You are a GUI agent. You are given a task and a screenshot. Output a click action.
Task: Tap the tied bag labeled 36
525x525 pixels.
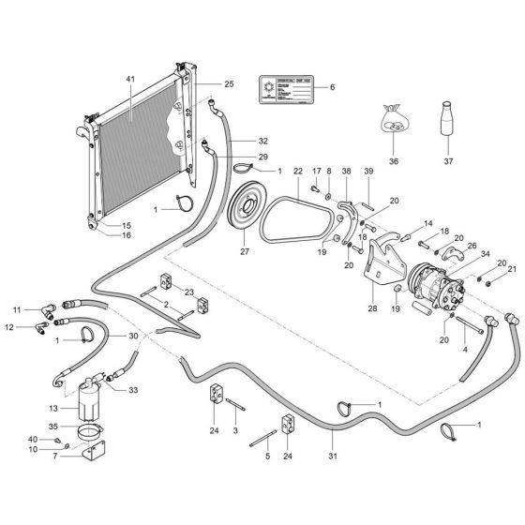click(394, 122)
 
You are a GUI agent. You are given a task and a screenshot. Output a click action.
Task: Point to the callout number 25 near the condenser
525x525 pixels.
click(229, 84)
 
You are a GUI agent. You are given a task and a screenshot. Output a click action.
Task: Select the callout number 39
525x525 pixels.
click(367, 171)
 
